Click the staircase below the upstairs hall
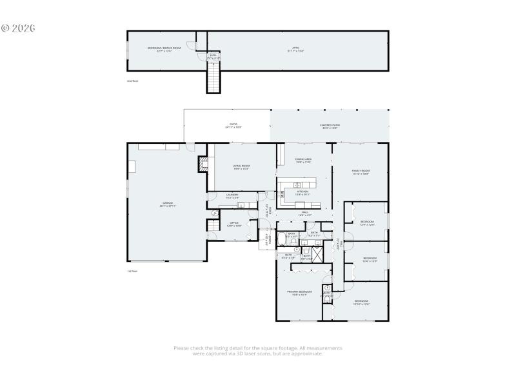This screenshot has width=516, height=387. [x=213, y=80]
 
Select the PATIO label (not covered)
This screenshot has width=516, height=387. [x=233, y=126]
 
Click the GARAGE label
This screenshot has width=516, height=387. [x=168, y=204]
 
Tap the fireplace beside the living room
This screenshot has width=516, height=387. [x=204, y=165]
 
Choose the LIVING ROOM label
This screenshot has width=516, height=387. [x=241, y=167]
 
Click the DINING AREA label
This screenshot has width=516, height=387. [x=304, y=160]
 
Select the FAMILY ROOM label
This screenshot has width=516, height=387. [x=361, y=172]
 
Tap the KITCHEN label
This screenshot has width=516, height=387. [x=303, y=192]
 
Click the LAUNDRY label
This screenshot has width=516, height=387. [x=232, y=196]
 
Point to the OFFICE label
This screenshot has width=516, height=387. [x=234, y=224]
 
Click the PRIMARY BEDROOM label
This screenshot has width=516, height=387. [x=299, y=293]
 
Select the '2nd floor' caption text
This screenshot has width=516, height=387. [x=133, y=81]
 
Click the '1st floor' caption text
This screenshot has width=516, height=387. [x=132, y=272]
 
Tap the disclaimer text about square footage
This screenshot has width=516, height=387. [x=258, y=351]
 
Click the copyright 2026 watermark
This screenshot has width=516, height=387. [x=17, y=28]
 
